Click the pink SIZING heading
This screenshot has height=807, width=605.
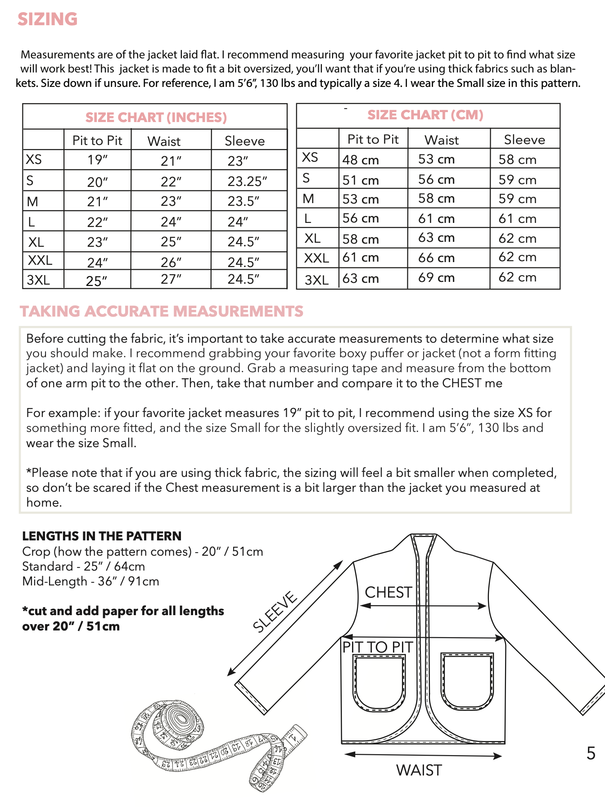point(48,19)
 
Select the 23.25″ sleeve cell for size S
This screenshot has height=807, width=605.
point(247,181)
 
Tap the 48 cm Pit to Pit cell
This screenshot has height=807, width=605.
point(361,160)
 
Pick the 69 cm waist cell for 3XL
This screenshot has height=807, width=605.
point(436,277)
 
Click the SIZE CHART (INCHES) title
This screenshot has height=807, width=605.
point(156,118)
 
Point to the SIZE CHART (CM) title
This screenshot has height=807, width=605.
point(425,115)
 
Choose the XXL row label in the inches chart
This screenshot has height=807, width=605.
point(40,260)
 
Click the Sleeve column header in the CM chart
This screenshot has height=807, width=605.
point(524,140)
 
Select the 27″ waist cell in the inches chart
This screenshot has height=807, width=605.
point(171,279)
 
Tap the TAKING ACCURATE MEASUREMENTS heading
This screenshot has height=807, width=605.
point(162,311)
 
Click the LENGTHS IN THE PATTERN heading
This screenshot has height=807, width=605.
point(102,536)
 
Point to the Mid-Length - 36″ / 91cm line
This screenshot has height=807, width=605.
point(90,581)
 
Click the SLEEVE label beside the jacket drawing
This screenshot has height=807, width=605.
point(275,612)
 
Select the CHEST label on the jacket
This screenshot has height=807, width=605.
point(388,592)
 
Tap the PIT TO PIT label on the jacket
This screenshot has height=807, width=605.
point(377,647)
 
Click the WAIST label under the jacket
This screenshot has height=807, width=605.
point(419,771)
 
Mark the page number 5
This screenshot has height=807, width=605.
point(591,753)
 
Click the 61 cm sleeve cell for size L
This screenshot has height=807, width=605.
point(517,218)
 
